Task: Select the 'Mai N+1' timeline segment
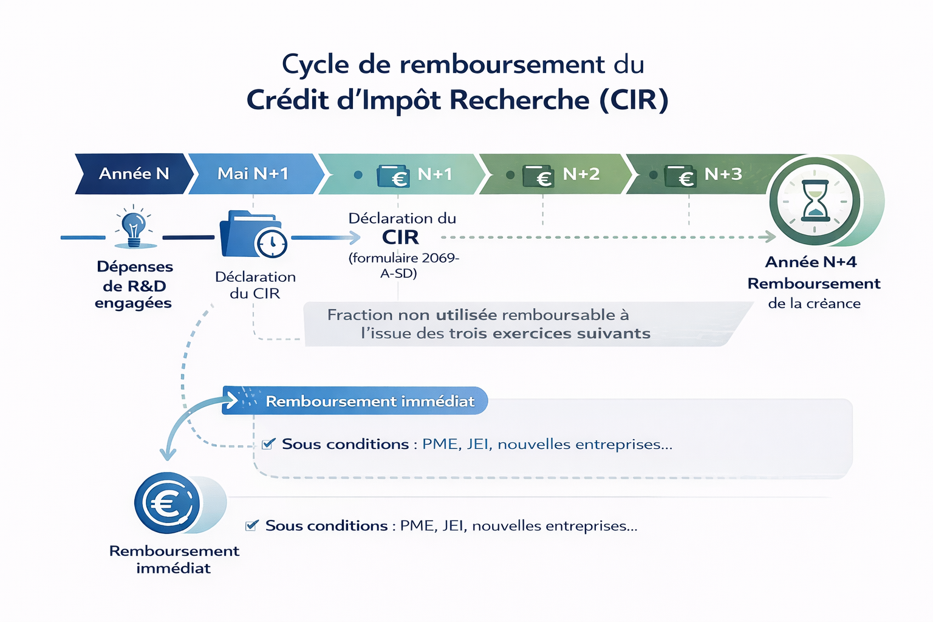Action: tap(253, 174)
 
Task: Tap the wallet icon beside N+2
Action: tap(537, 176)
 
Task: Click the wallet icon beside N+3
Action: tap(680, 176)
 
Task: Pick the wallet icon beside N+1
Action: tap(392, 176)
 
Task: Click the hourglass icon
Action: tap(815, 200)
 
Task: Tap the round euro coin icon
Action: tap(167, 503)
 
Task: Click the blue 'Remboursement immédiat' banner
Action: tap(355, 401)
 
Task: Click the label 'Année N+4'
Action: tap(811, 262)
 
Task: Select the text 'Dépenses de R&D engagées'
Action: tap(134, 284)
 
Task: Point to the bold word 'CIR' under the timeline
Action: tap(400, 237)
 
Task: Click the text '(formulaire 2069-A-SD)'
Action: tap(403, 265)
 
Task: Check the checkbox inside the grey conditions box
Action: tap(268, 444)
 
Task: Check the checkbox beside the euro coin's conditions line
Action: tap(251, 525)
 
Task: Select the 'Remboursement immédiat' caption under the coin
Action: tap(174, 559)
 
